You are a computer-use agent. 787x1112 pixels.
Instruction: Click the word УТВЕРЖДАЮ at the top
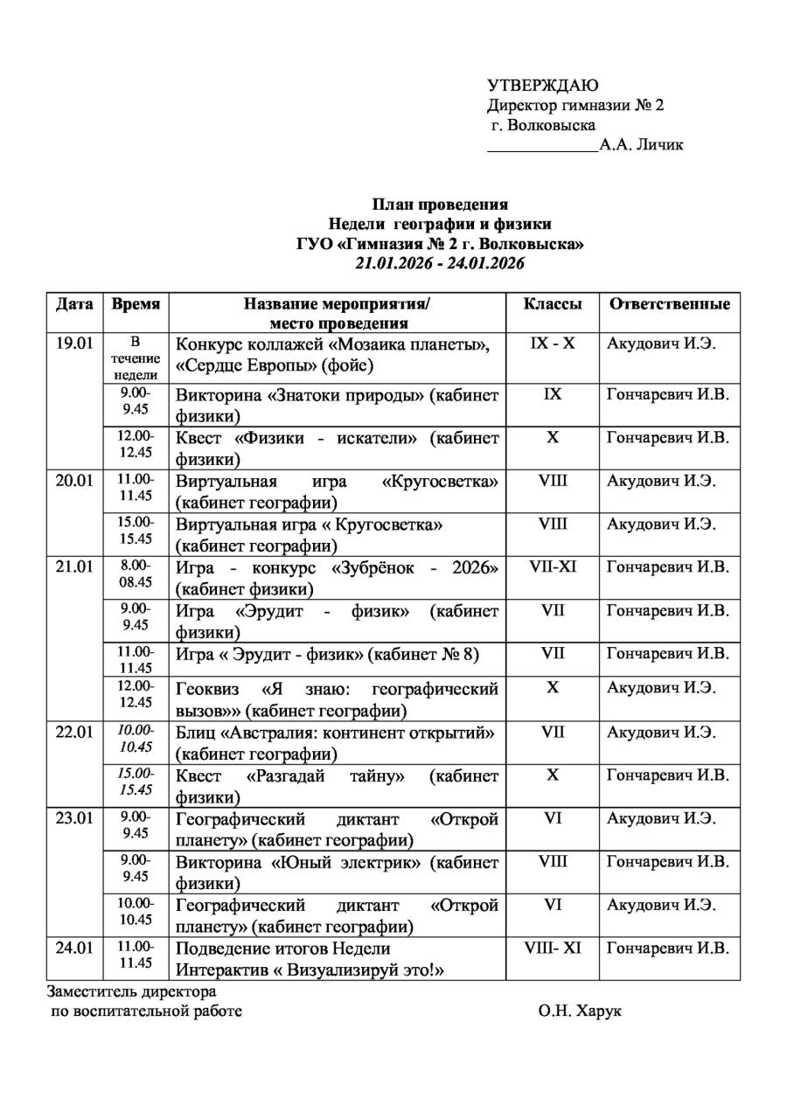coord(542,85)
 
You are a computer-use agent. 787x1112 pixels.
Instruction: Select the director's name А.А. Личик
coord(641,145)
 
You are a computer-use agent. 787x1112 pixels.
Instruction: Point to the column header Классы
coord(553,304)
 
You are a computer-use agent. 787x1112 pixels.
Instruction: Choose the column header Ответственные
coord(669,304)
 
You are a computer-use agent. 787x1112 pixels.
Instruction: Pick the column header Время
coord(136,304)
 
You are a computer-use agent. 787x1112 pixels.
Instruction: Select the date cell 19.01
coord(74,343)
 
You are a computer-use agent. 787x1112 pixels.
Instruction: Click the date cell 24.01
coord(74,948)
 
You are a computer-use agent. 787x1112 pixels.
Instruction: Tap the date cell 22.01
coord(74,732)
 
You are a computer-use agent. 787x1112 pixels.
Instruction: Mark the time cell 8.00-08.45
coord(136,573)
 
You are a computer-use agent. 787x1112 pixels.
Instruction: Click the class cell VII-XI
coord(553,566)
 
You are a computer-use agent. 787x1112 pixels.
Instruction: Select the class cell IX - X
coord(553,343)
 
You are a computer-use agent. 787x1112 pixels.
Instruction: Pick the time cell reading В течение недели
coord(136,358)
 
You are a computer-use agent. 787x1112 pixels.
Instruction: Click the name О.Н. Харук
coord(580,1012)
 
